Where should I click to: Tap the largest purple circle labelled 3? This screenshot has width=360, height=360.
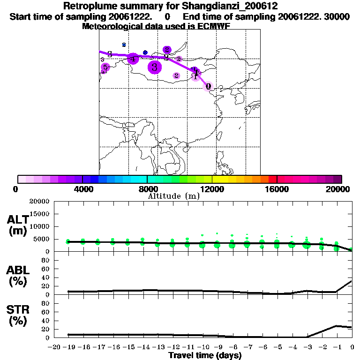[154, 67]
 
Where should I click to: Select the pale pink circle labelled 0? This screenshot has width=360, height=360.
[209, 86]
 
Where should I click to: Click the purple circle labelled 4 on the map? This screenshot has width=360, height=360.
[133, 59]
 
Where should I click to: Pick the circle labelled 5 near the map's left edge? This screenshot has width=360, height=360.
[105, 67]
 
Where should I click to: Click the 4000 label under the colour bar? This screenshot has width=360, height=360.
[82, 189]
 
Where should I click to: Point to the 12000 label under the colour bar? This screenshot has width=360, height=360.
[212, 189]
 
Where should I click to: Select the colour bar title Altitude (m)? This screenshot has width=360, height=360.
[173, 196]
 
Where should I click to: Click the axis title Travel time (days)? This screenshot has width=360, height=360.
[205, 355]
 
